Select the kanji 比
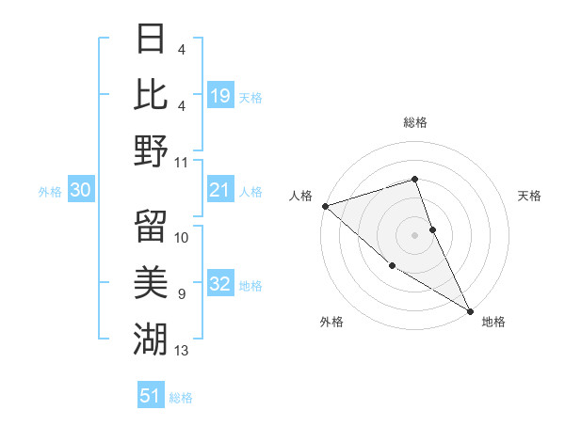(x=151, y=94)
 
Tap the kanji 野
(x=151, y=150)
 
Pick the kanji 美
(x=151, y=280)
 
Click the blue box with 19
(x=220, y=95)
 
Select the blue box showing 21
(x=220, y=191)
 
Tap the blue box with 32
(x=220, y=285)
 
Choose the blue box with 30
(x=80, y=191)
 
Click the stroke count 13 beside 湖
(x=182, y=352)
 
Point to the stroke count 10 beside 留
(x=182, y=237)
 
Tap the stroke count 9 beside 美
(x=182, y=294)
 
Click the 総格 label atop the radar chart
(x=415, y=122)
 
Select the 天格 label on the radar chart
(x=530, y=196)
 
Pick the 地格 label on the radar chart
(x=493, y=322)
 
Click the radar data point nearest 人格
(x=324, y=205)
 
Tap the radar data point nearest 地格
(x=470, y=310)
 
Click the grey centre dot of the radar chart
(x=415, y=234)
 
